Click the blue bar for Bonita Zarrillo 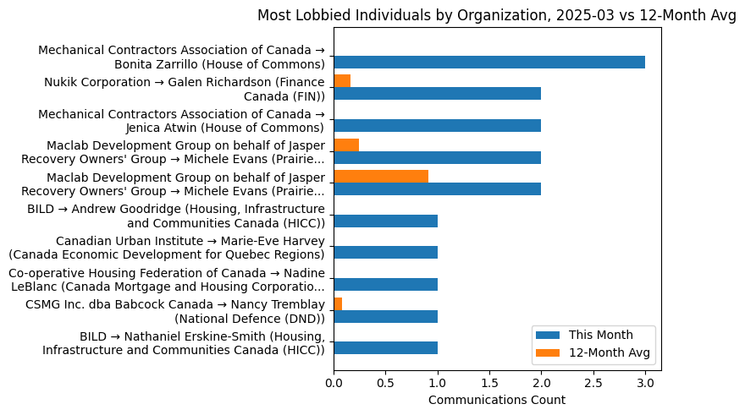[489, 62]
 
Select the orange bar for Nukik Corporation [342, 81]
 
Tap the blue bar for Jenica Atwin [437, 126]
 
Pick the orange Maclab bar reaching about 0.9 [381, 177]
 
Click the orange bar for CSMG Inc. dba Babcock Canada [338, 303]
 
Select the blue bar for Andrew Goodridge [385, 221]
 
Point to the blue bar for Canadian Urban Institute [385, 253]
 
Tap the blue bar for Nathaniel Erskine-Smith [385, 348]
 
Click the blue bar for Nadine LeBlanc [385, 285]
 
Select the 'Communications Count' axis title [497, 400]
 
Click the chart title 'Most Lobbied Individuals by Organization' [497, 15]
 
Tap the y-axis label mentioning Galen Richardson [185, 88]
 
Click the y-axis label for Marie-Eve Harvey [167, 247]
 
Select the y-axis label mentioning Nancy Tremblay [175, 311]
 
